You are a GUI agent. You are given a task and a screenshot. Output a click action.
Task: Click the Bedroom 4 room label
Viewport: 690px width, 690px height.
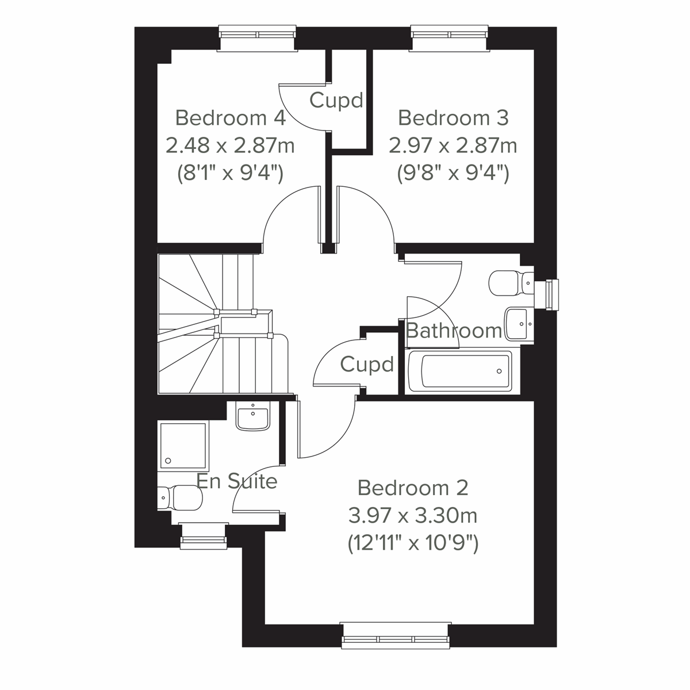[230, 118]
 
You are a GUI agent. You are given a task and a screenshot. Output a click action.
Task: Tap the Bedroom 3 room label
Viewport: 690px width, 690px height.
[453, 118]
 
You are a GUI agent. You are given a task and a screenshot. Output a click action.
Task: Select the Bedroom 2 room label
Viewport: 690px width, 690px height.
[413, 488]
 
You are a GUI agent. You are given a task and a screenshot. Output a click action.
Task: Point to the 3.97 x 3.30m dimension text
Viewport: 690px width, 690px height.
[413, 515]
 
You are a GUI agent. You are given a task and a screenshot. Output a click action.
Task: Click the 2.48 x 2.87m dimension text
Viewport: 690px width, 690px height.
[230, 145]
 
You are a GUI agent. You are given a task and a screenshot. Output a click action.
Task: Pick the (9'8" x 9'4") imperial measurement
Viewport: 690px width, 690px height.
[453, 172]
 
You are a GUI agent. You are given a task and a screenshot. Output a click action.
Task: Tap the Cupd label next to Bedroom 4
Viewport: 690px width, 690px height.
[336, 101]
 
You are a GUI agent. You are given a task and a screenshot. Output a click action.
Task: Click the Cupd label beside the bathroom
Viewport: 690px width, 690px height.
[367, 365]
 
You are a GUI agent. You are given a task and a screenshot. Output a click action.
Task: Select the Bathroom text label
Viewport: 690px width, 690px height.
[454, 331]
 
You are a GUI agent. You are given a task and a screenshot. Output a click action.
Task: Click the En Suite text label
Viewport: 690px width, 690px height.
[237, 481]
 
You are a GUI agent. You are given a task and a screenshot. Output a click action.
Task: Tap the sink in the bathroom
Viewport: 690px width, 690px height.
[519, 324]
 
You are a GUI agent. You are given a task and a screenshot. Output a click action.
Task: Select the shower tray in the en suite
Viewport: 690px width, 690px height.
[183, 445]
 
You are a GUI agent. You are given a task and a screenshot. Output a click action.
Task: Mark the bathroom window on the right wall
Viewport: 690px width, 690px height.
[551, 294]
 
